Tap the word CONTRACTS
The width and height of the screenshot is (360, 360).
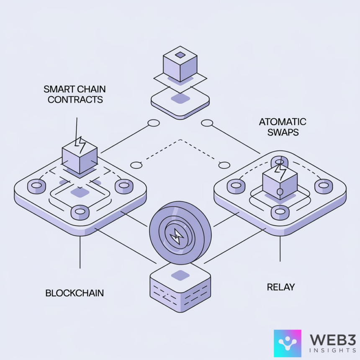[75, 100]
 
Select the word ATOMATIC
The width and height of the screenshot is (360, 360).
[283, 122]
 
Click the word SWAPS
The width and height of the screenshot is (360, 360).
[283, 133]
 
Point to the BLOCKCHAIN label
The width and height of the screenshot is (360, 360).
[75, 293]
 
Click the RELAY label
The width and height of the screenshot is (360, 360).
[281, 287]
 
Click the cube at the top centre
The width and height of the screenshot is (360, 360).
[180, 65]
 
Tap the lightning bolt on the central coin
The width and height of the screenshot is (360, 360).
[176, 238]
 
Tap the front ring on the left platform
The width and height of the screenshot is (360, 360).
[80, 212]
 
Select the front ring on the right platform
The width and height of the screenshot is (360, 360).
[280, 212]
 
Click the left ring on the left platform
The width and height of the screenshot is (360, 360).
[36, 186]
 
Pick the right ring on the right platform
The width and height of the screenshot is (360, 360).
[324, 186]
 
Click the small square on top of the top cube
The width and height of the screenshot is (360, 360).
[180, 55]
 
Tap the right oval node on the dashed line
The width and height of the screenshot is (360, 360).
[224, 165]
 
